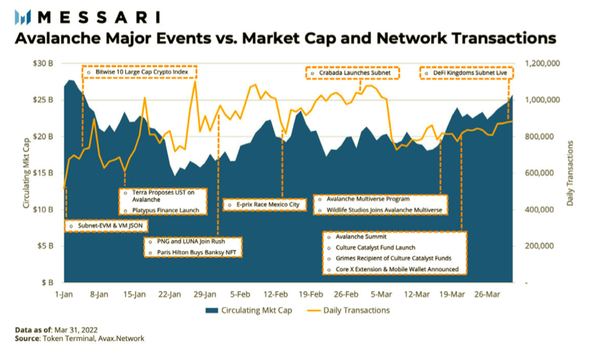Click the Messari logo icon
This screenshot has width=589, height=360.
coord(22,17)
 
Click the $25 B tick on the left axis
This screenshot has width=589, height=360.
coord(43,100)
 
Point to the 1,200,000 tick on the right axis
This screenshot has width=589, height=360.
coord(542,63)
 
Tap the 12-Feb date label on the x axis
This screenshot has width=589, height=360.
coord(275,294)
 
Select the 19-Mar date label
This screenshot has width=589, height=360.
coord(452,294)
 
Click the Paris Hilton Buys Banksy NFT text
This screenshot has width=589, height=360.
coord(196,252)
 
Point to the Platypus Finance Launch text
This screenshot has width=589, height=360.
coord(166,210)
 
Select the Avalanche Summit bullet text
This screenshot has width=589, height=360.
coord(361,237)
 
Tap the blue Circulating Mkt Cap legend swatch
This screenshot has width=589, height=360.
coord(211,311)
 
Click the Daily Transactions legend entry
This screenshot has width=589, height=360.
coord(348,311)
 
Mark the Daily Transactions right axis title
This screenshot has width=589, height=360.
coord(570,174)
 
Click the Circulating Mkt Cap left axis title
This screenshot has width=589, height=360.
coord(26,174)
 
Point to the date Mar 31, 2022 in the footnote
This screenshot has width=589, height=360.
coord(76,330)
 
